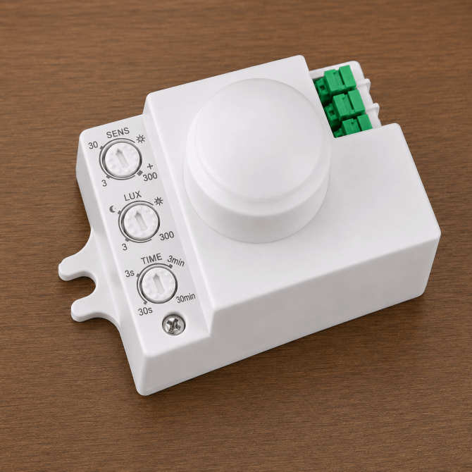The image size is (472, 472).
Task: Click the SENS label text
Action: click(x=118, y=132)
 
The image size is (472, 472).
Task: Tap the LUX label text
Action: click(x=132, y=196)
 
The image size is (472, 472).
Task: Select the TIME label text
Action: click(x=151, y=259)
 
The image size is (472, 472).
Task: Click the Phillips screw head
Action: click(x=174, y=325)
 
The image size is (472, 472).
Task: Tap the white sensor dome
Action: click(x=257, y=159)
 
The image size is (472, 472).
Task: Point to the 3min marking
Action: click(x=176, y=261)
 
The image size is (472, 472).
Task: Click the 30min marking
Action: click(x=186, y=298)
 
